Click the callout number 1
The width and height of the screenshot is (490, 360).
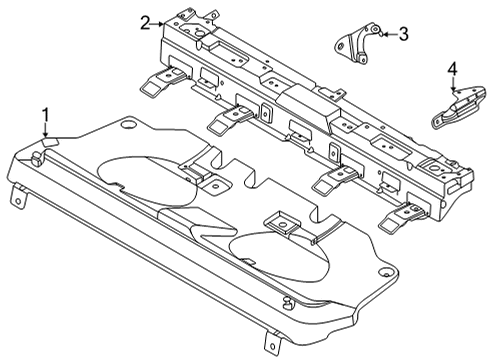pyautogui.click(x=45, y=113)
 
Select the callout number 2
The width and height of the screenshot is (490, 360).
pyautogui.click(x=145, y=22)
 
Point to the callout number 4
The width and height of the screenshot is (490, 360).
pyautogui.click(x=451, y=68)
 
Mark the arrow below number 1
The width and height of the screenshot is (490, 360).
pyautogui.click(x=45, y=130)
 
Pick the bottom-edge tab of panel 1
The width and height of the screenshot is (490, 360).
pyautogui.click(x=269, y=342)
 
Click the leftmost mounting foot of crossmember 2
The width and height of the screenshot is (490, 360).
pyautogui.click(x=151, y=87)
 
